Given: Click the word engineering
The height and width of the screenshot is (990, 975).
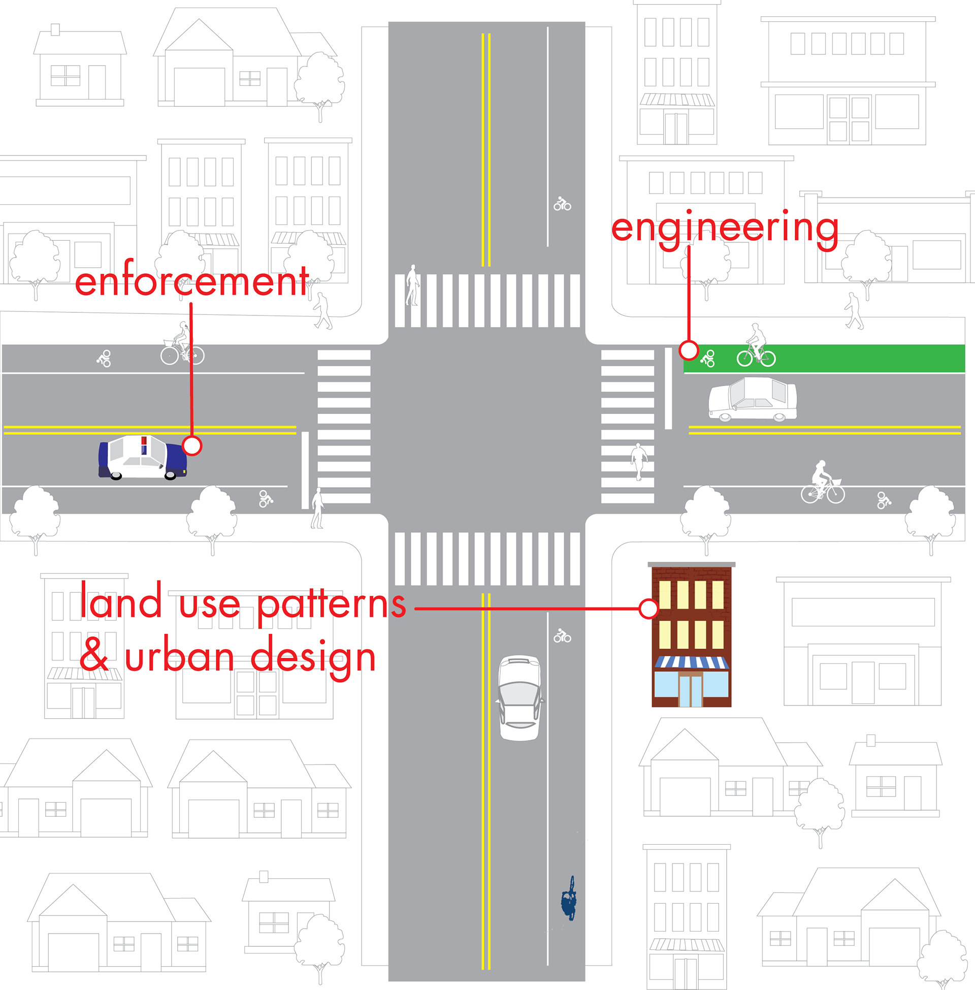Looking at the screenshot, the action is coord(725,230).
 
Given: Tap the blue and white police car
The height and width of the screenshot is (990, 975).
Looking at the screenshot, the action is coord(143,457).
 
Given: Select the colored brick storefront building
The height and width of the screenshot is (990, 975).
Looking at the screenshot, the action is coord(691,634).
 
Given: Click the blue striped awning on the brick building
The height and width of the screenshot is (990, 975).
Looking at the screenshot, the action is coord(691,662).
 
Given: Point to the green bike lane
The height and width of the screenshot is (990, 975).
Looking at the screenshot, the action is coord(824,358).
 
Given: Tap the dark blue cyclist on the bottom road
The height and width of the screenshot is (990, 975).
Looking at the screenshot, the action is coord(568,899).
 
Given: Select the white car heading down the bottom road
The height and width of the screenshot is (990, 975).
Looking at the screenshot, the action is coord(520,697).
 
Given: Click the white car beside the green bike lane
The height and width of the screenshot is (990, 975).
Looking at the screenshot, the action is coord(752,399).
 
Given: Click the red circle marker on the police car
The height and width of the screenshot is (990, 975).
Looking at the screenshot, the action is coord(192,445).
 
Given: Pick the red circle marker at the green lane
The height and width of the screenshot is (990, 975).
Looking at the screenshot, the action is coord(689,350).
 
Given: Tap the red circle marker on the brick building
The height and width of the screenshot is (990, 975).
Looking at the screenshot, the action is coord(648,609).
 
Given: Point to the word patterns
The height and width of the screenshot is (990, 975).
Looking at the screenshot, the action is coord(331,604).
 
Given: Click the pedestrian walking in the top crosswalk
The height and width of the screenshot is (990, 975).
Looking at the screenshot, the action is coord(413,285).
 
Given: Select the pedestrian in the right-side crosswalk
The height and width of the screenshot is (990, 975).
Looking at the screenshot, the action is coord(638,461).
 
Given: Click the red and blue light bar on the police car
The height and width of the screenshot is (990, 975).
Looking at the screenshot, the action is coord(144,445).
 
